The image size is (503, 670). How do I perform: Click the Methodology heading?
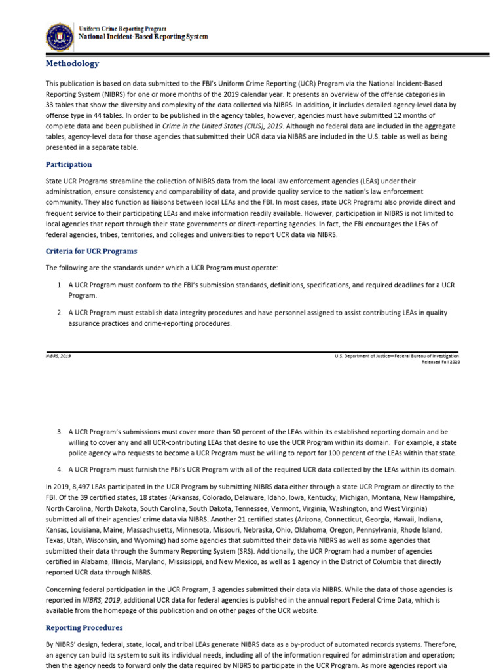click(x=72, y=63)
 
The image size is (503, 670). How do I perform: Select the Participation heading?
click(x=68, y=164)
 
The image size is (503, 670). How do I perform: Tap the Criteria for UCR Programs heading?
click(x=91, y=251)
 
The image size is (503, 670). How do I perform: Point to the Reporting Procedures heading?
click(x=84, y=627)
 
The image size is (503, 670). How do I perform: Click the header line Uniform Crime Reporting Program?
click(x=122, y=29)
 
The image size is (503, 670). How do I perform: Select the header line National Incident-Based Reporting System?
click(x=143, y=37)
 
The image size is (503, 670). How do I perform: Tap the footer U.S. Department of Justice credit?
click(x=397, y=356)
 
